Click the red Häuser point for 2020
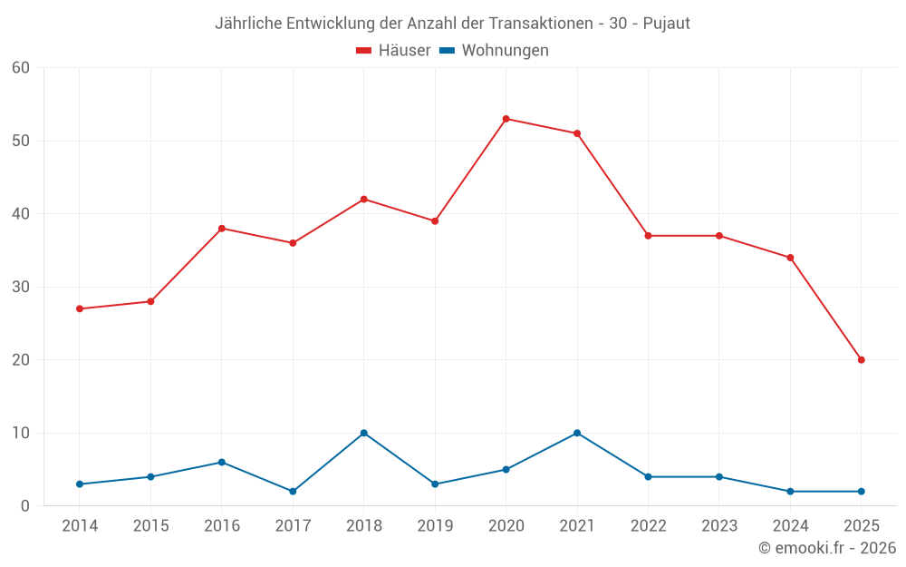(x=506, y=119)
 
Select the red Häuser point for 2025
(x=861, y=360)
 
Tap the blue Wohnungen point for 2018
(x=363, y=433)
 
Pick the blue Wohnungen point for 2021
(x=577, y=433)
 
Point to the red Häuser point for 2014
(x=80, y=308)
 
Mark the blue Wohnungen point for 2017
(x=293, y=492)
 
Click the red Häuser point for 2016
(x=222, y=229)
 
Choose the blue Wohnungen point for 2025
(x=861, y=492)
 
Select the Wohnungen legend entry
(x=505, y=51)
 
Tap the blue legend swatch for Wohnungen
(x=447, y=51)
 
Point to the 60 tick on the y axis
(x=21, y=68)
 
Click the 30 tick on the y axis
(x=21, y=287)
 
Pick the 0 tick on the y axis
(x=25, y=506)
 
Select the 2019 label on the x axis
(x=435, y=526)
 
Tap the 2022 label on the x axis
(x=648, y=526)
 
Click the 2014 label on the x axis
(x=80, y=526)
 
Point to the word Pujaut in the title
(x=666, y=24)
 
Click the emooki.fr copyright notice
(x=827, y=548)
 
